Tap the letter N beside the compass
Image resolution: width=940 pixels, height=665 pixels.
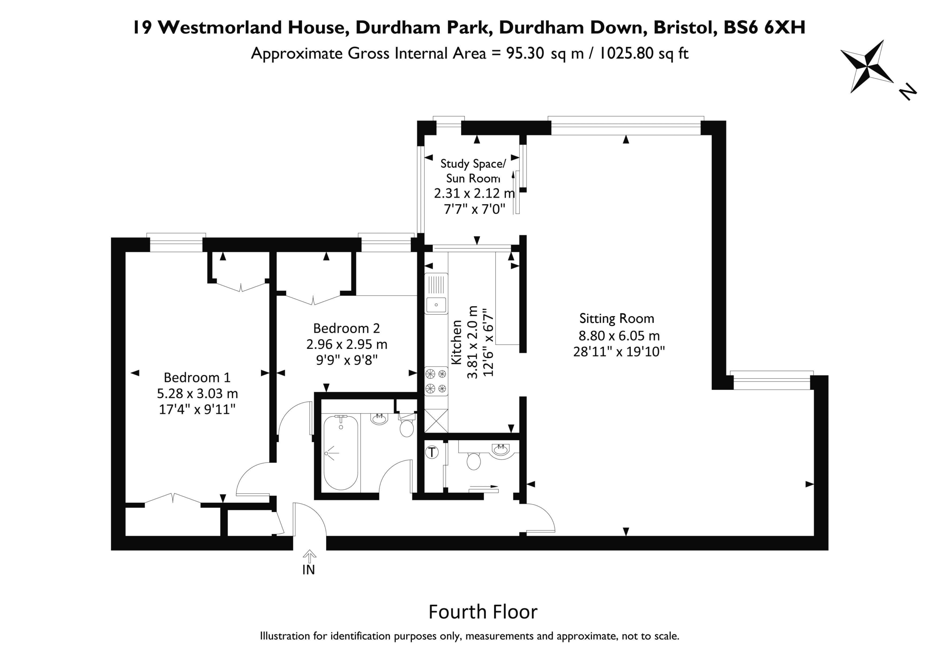tap(907, 92)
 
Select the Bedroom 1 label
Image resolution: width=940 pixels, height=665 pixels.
tap(197, 377)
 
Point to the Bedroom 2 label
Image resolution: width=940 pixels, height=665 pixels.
tap(346, 328)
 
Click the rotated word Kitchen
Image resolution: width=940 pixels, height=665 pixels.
tap(456, 342)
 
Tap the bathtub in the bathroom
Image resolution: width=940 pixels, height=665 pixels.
tap(341, 452)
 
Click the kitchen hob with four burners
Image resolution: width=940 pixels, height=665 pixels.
tap(436, 381)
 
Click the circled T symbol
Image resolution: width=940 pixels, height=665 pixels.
tap(432, 452)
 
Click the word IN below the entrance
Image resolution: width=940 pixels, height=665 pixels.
tap(309, 570)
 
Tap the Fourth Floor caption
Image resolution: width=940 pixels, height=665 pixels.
tap(483, 612)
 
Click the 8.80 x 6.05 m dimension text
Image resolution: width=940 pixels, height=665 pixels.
tap(619, 335)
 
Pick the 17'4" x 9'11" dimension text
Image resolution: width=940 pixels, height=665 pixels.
tap(197, 409)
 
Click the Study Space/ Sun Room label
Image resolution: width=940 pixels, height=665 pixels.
tap(473, 171)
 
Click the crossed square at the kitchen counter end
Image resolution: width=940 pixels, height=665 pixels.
tap(436, 420)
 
